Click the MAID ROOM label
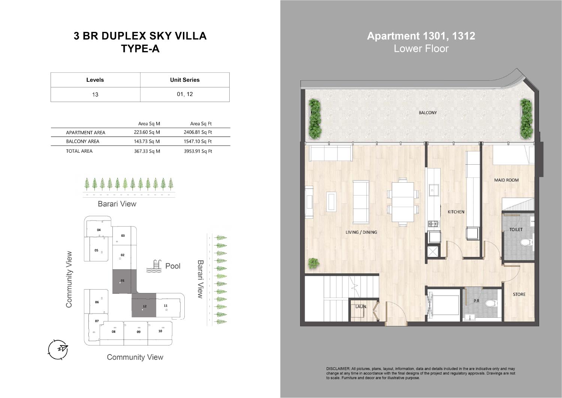pyautogui.click(x=506, y=180)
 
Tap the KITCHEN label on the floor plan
pyautogui.click(x=456, y=212)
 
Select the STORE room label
pyautogui.click(x=519, y=294)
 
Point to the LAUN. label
pyautogui.click(x=361, y=306)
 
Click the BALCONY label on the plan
pyautogui.click(x=427, y=113)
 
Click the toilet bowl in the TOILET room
pyautogui.click(x=526, y=242)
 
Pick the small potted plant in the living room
pyautogui.click(x=314, y=263)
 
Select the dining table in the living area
pyautogui.click(x=403, y=202)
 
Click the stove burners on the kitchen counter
pyautogui.click(x=433, y=224)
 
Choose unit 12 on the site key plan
pyautogui.click(x=144, y=305)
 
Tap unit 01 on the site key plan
pyautogui.click(x=125, y=282)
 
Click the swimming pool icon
pyautogui.click(x=154, y=266)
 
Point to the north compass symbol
pyautogui.click(x=58, y=350)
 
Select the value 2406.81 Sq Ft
pyautogui.click(x=198, y=132)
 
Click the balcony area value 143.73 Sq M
pyautogui.click(x=147, y=141)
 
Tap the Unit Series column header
pyautogui.click(x=185, y=80)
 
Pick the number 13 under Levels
pyautogui.click(x=95, y=95)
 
